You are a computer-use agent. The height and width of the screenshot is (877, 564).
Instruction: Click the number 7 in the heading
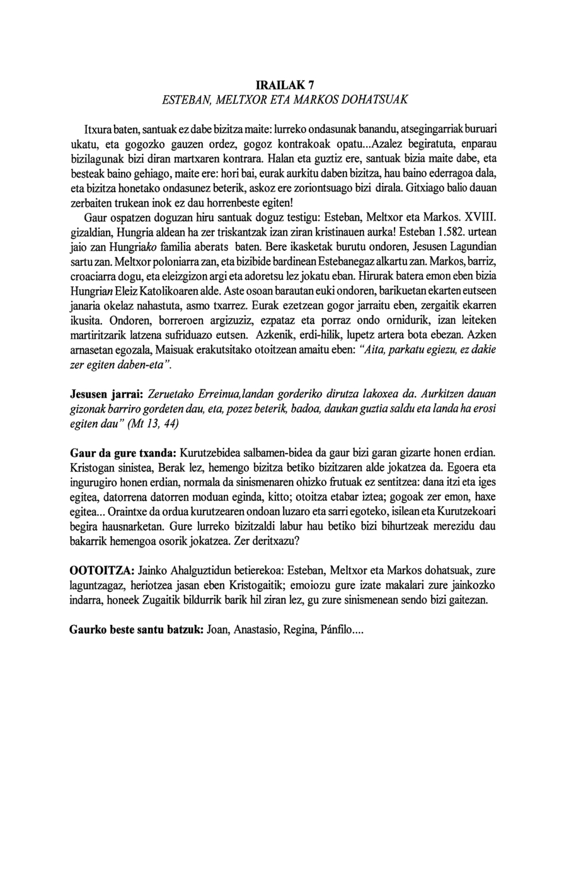310,85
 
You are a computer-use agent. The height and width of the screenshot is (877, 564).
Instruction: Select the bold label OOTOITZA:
101,571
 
